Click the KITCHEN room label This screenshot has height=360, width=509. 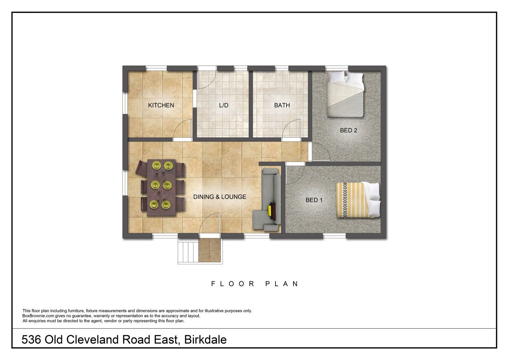click(x=161, y=105)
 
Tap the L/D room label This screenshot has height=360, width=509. click(x=224, y=105)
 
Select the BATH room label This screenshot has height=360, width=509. click(x=282, y=105)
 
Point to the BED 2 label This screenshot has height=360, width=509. click(x=348, y=130)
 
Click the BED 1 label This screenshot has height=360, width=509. click(x=314, y=200)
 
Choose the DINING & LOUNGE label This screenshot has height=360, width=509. click(x=220, y=197)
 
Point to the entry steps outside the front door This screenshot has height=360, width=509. click(x=188, y=252)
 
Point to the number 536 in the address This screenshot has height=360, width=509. click(x=31, y=340)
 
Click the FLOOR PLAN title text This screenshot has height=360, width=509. click(x=255, y=284)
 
